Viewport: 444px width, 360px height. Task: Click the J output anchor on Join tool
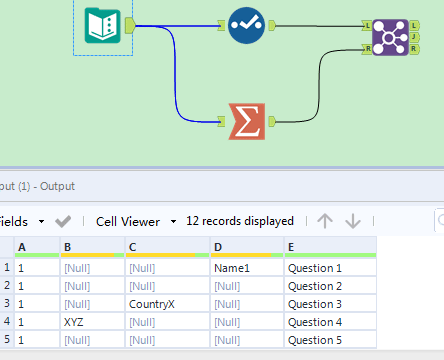(414, 37)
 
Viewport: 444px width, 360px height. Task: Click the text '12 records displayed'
(240, 221)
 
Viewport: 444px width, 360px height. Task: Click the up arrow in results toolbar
(324, 221)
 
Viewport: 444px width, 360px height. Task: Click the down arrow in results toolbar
(352, 221)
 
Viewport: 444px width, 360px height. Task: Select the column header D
(218, 247)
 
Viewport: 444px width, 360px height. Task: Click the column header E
(291, 247)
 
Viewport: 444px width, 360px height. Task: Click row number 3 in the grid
(7, 304)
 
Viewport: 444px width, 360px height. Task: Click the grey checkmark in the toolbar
(63, 221)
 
